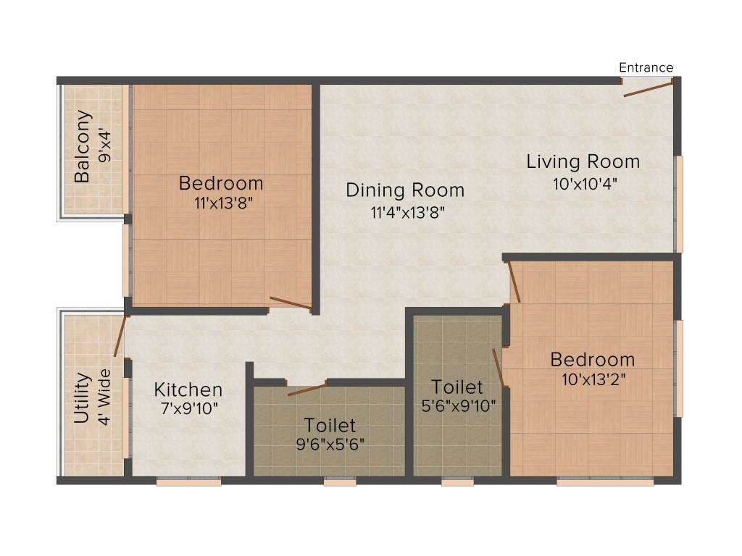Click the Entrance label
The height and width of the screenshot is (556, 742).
[646, 67]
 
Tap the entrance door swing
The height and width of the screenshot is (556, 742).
[648, 89]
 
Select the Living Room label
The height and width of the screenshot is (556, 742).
[583, 161]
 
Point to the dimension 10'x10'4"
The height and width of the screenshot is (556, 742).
[585, 183]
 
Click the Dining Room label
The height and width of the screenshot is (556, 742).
[405, 190]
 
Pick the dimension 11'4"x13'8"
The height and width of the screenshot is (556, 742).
[406, 212]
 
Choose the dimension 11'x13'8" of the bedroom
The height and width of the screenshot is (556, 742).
[222, 204]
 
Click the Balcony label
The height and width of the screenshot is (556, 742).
[83, 146]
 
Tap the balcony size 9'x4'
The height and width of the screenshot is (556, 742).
[107, 146]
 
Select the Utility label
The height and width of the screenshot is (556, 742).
[82, 397]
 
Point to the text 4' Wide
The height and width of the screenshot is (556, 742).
[105, 397]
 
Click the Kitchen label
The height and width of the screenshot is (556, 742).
[188, 389]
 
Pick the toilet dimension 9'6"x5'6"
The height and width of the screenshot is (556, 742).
[330, 444]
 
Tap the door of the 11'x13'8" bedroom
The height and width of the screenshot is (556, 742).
[291, 303]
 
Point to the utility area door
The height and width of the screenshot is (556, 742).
[120, 336]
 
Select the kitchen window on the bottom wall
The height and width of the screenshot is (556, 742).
[188, 481]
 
